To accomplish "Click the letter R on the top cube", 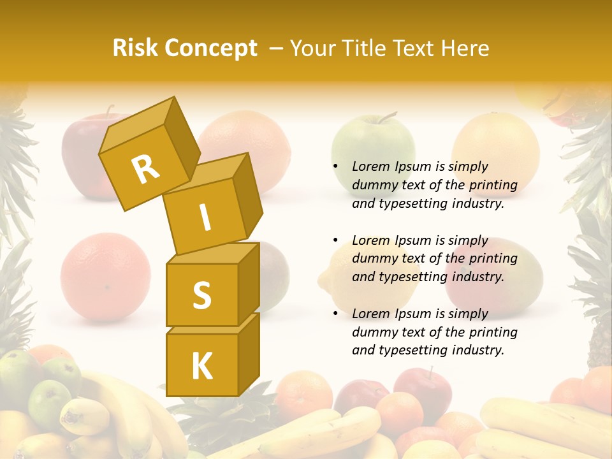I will click(x=145, y=169).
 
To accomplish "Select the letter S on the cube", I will click(x=201, y=296).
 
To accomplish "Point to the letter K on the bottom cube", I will click(x=201, y=367).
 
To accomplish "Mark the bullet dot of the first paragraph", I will click(x=335, y=167).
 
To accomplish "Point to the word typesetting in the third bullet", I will click(x=412, y=350).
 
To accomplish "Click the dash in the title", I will click(x=277, y=48).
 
